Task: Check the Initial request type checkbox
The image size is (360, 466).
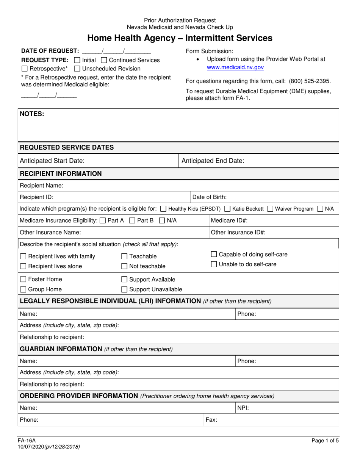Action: [77, 60]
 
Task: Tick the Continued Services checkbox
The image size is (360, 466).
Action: [104, 60]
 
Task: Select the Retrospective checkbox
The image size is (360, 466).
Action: [25, 69]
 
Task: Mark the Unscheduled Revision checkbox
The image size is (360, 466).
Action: [77, 69]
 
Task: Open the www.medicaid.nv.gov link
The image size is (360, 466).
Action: [235, 67]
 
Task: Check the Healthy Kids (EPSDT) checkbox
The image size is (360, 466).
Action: [163, 209]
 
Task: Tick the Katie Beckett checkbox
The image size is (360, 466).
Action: [227, 209]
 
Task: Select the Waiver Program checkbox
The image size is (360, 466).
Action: [270, 209]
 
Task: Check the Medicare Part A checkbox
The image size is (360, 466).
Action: [102, 220]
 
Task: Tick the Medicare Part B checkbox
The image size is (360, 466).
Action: [132, 220]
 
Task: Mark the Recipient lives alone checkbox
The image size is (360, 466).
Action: [23, 266]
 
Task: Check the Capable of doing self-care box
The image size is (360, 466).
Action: [214, 254]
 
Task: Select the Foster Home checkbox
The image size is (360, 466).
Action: [23, 280]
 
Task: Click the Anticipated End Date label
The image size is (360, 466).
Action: [213, 161]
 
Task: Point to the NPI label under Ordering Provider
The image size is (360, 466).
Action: [243, 408]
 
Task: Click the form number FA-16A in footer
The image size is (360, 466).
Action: [27, 441]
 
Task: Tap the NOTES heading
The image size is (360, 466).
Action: [32, 114]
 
